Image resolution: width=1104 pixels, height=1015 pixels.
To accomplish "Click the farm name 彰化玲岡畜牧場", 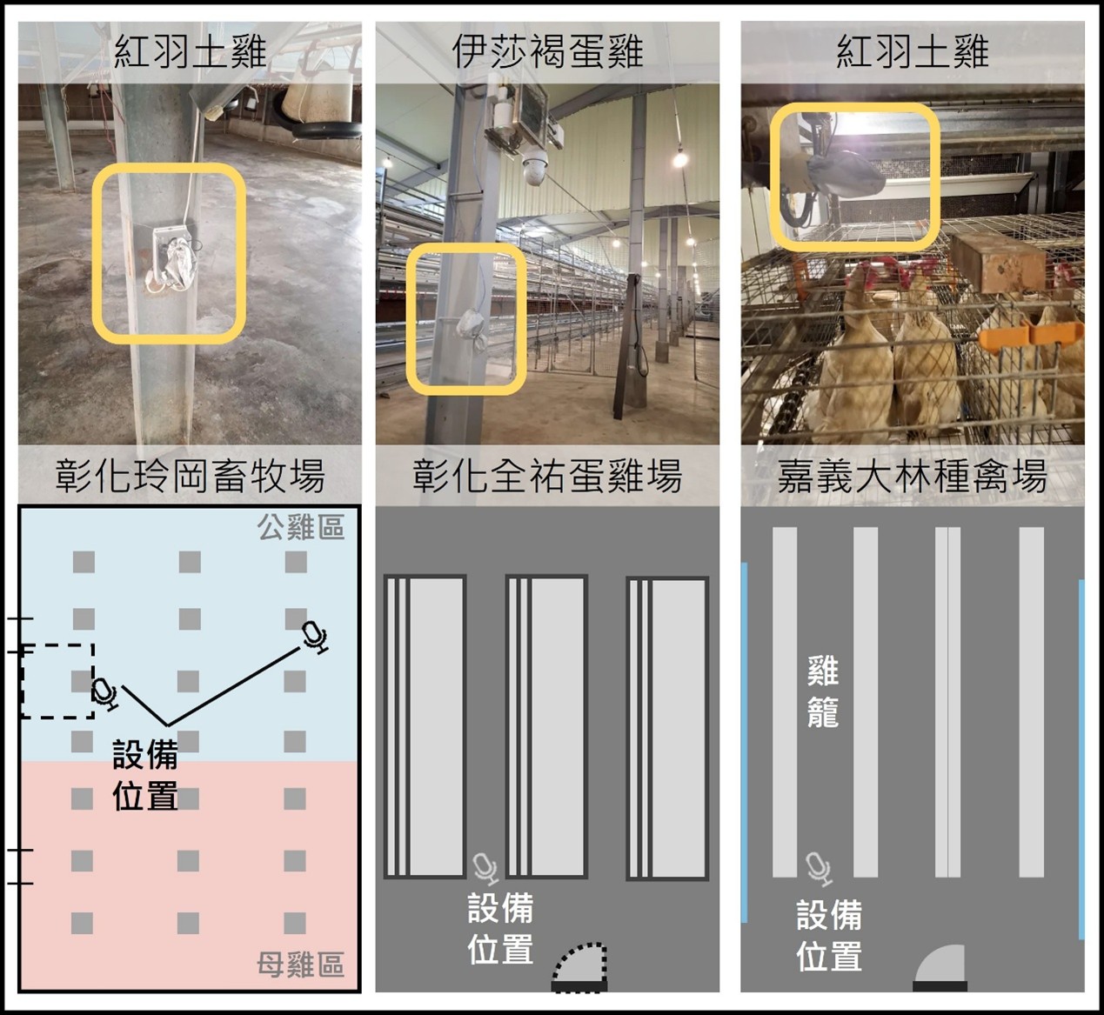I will [x=190, y=476].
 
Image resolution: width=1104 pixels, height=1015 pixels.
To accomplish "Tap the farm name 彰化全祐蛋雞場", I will [x=547, y=476].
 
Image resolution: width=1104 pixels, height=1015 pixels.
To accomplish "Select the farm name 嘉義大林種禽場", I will [x=912, y=476].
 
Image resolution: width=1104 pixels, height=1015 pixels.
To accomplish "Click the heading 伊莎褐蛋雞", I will [x=547, y=52].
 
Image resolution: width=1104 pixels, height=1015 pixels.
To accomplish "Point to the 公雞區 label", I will [x=300, y=527].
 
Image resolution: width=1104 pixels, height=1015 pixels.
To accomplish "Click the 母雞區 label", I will [x=300, y=965].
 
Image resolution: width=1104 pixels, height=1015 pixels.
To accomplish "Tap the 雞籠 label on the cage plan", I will [x=822, y=691].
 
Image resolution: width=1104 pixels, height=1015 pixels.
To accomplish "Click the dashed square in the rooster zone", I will [x=57, y=681].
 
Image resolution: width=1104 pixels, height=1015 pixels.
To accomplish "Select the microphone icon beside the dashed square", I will [x=104, y=692].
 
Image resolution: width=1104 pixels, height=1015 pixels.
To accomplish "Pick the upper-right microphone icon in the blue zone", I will [x=314, y=637].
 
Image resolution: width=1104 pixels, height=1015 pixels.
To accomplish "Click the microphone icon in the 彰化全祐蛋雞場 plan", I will [x=485, y=868].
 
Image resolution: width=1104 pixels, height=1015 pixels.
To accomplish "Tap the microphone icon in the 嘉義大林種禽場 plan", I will [x=818, y=868].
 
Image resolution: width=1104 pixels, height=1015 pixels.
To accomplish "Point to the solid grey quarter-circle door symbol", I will [x=940, y=965].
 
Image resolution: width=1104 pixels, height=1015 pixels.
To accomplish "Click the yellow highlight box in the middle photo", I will [x=465, y=318].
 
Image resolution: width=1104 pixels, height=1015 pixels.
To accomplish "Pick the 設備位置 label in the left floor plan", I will [x=145, y=775].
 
